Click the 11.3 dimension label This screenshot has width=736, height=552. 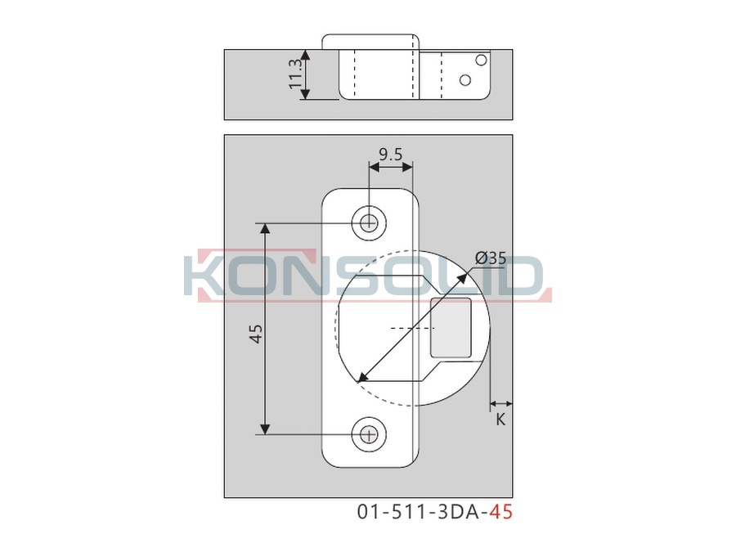pos(294,74)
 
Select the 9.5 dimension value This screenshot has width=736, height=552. pos(391,154)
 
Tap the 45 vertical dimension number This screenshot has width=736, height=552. pos(258,334)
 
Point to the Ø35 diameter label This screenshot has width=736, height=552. pos(491,258)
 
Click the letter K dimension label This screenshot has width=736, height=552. pos(500,420)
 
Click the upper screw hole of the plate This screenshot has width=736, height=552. pos(370,222)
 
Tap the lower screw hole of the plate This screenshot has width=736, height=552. pos(370,435)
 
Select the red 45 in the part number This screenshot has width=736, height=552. pos(500,512)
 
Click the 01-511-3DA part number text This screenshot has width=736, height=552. pos(423,512)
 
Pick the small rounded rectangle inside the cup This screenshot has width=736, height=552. pos(451,327)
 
